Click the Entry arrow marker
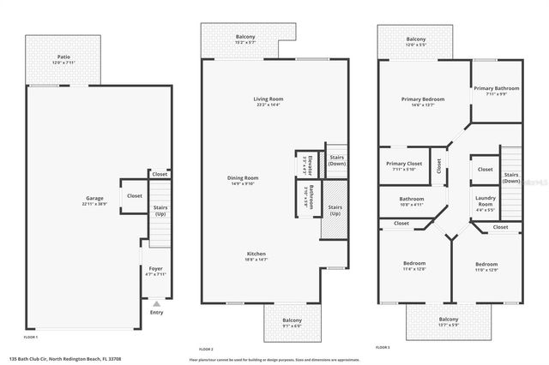[156, 302]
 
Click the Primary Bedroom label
[423, 99]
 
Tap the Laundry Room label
[486, 201]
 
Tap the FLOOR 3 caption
[383, 347]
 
